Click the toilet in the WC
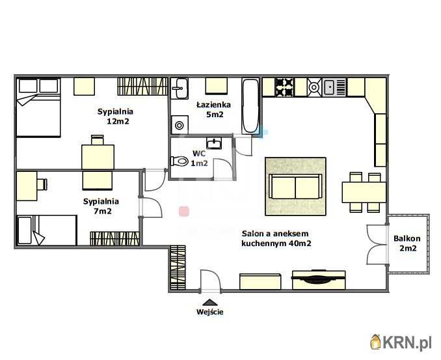pos(180,161)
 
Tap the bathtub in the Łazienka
pos(250,106)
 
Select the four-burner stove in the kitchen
pos(284,87)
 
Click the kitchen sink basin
pos(328,87)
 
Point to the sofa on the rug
pos(295,186)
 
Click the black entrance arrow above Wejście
pos(210,302)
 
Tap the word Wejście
pos(210,312)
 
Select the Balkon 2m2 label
pos(407,243)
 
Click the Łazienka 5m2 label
pos(214,109)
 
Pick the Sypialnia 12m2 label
pos(116,117)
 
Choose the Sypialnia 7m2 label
pos(101,206)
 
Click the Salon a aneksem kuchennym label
pos(276,238)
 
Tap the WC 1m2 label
pos(199,158)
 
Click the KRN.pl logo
pos(401,342)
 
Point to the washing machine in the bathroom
pos(180,125)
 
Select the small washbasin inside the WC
pos(214,143)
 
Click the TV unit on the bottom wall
pos(319,279)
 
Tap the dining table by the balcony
pos(364,193)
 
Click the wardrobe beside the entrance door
pos(178,268)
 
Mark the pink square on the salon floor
pos(184,212)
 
